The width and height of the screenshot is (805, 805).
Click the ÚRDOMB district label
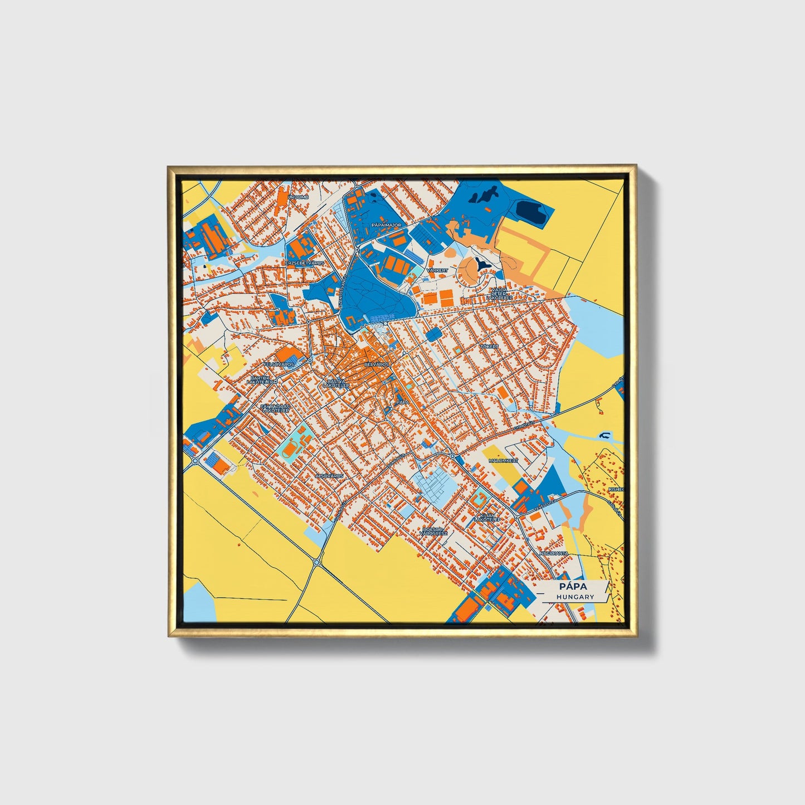(297, 197)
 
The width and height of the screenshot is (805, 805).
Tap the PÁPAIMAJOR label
(386, 225)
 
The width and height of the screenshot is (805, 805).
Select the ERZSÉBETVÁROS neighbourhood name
(305, 262)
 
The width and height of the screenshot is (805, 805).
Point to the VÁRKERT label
(437, 270)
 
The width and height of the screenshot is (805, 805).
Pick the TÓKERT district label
(490, 346)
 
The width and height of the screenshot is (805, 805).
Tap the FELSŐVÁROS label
(279, 364)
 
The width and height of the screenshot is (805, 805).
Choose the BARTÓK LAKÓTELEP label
(262, 380)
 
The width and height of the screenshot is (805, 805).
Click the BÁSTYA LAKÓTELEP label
(336, 383)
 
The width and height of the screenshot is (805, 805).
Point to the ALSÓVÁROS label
(330, 476)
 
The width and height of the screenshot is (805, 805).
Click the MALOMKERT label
(503, 461)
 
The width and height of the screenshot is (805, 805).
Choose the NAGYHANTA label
(553, 553)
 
